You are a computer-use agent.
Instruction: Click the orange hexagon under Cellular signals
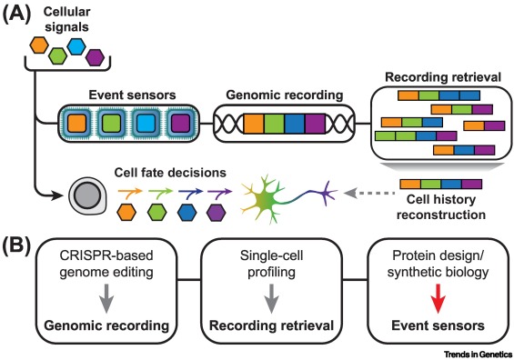tap(39, 45)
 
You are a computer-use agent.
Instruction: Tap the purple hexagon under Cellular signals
tap(95, 57)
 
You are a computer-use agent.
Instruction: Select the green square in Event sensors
tap(112, 124)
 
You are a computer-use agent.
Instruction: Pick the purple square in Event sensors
tap(181, 124)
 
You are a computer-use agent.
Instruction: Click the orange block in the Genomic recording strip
tap(254, 124)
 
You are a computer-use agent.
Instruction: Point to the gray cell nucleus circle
tap(86, 195)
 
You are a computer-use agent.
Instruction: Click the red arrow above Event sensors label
tap(438, 299)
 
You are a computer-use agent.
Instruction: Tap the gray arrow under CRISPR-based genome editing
tap(106, 299)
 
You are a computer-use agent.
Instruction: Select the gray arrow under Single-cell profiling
tap(271, 299)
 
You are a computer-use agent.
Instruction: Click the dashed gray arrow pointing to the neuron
tap(368, 194)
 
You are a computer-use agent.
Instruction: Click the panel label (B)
tap(16, 246)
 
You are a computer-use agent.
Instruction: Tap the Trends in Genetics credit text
tap(478, 355)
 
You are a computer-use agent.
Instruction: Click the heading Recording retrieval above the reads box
tap(443, 77)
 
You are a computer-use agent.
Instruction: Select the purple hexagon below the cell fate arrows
tap(217, 212)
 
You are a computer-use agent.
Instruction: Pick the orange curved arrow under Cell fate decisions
tap(130, 194)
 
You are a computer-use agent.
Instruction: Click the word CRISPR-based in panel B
tap(106, 255)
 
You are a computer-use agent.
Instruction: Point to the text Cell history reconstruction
tap(441, 207)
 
